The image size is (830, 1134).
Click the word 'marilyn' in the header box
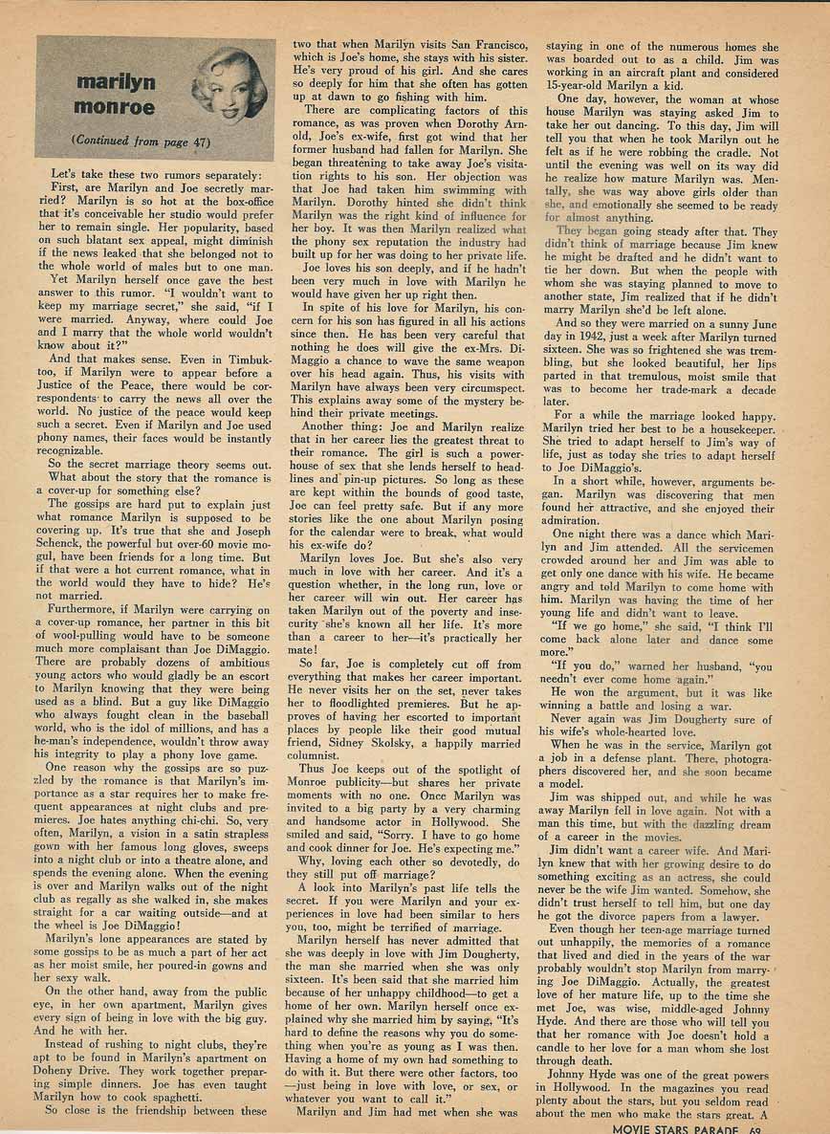[x=117, y=83]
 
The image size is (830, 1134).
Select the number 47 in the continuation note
[x=190, y=142]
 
